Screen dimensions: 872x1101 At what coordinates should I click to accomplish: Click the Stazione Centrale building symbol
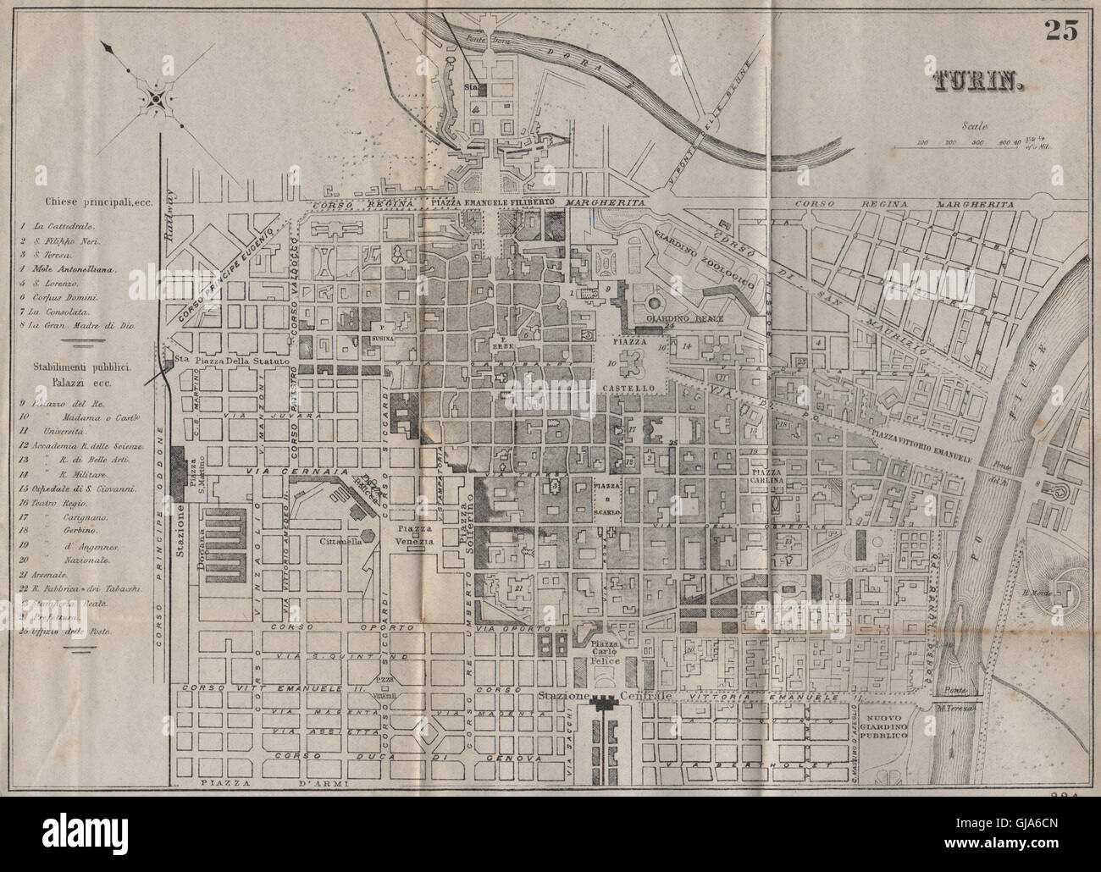(605, 702)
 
